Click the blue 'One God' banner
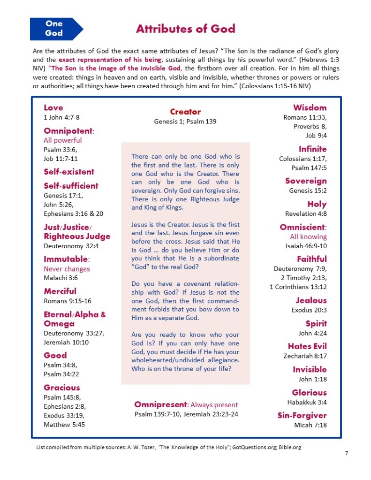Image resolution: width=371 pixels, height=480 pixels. coord(55,28)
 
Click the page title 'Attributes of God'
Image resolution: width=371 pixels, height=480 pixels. coord(185,29)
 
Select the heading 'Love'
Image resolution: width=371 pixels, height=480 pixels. coord(53,107)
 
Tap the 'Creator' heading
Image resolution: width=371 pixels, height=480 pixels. coord(185,112)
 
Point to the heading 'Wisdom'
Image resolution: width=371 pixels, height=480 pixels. coord(310,107)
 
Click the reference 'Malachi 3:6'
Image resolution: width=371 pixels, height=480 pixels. coord(61,278)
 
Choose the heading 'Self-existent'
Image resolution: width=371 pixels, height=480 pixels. coord(69,172)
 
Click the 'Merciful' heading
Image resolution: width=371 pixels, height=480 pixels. coord(60,291)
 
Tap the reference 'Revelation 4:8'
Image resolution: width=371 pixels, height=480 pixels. coord(306,214)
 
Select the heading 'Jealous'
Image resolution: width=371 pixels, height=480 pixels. coord(311,300)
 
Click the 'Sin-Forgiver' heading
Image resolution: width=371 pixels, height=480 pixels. coord(302,415)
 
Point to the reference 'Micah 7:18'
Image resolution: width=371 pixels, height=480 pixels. coord(310,425)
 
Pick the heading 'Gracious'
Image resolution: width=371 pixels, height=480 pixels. coord(62,388)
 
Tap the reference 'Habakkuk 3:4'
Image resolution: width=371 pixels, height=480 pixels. coord(307,402)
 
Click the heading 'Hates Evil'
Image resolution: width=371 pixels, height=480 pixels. coord(307,346)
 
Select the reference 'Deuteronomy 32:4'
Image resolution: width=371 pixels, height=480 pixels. coord(71,246)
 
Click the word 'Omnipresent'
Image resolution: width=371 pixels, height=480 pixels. coord(160,404)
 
